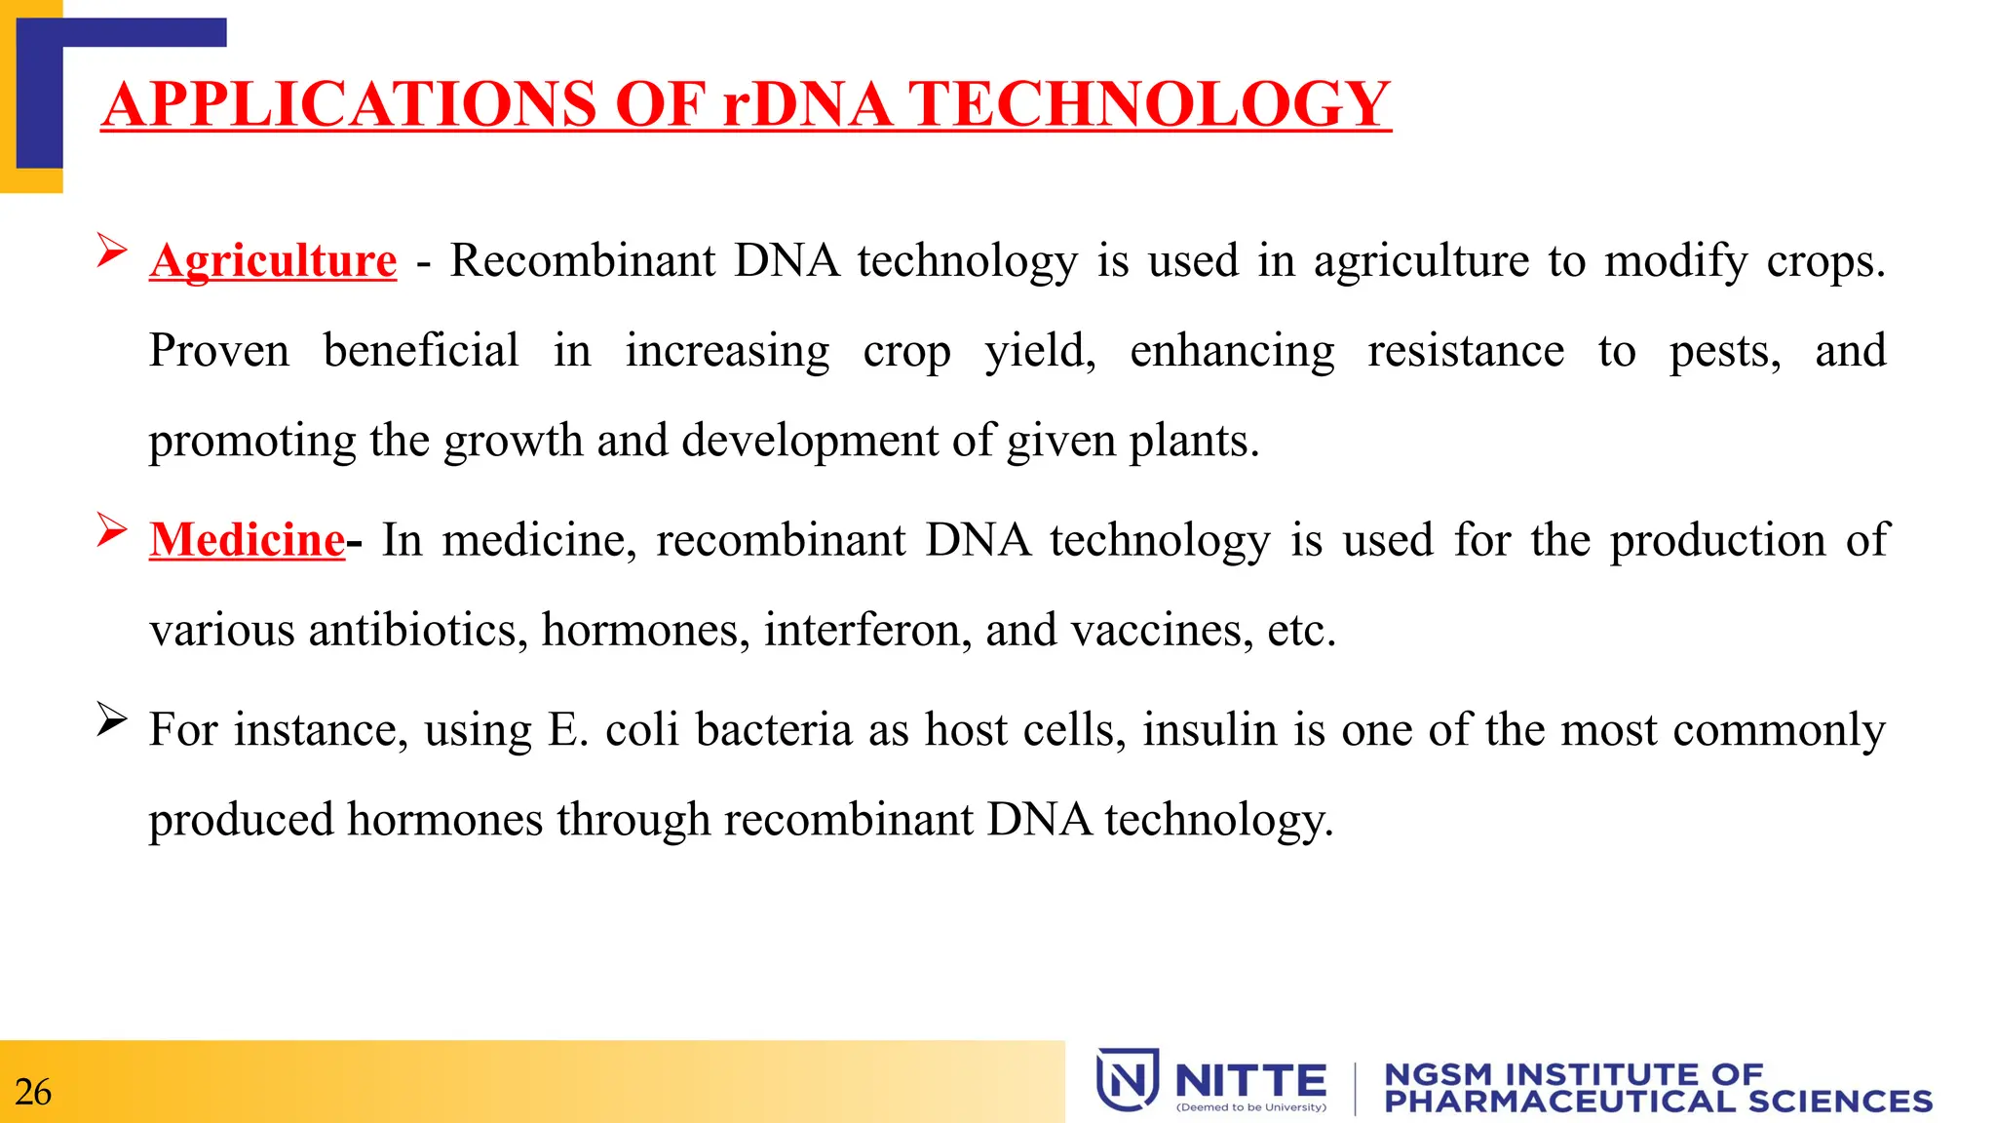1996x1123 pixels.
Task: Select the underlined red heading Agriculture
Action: click(x=273, y=260)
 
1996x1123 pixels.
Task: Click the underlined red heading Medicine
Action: click(x=247, y=540)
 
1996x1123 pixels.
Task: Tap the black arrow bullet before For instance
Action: click(x=111, y=720)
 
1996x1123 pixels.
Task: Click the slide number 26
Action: click(x=33, y=1092)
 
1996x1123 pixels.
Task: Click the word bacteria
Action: click(x=774, y=729)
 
